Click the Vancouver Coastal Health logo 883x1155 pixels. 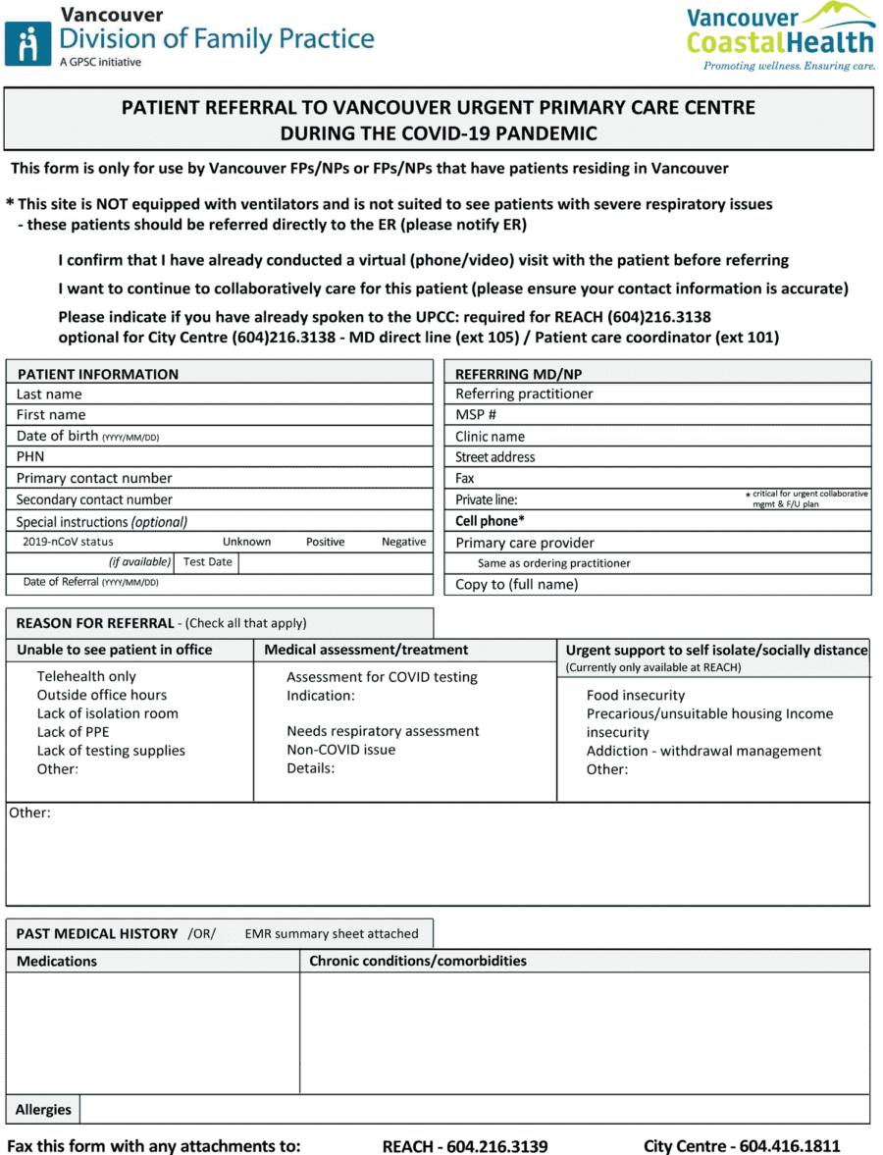pyautogui.click(x=780, y=36)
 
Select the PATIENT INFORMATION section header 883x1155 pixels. pyautogui.click(x=98, y=374)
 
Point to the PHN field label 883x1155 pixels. pyautogui.click(x=30, y=456)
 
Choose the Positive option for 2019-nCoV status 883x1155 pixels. pyautogui.click(x=325, y=542)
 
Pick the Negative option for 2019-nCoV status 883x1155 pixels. pyautogui.click(x=403, y=542)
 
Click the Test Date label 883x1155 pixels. pyautogui.click(x=207, y=562)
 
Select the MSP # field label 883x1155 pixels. pyautogui.click(x=476, y=415)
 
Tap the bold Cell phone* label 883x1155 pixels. pyautogui.click(x=490, y=521)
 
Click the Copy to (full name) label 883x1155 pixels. pyautogui.click(x=516, y=584)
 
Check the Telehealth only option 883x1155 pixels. pyautogui.click(x=86, y=676)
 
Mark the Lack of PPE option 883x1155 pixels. pyautogui.click(x=73, y=732)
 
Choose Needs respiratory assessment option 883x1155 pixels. pyautogui.click(x=383, y=731)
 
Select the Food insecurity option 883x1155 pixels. pyautogui.click(x=636, y=695)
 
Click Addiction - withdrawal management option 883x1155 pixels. pyautogui.click(x=703, y=751)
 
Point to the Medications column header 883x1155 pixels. pyautogui.click(x=57, y=961)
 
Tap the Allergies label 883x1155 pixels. pyautogui.click(x=43, y=1110)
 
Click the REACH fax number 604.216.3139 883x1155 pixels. pyautogui.click(x=464, y=1146)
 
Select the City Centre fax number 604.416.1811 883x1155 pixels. pyautogui.click(x=742, y=1146)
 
